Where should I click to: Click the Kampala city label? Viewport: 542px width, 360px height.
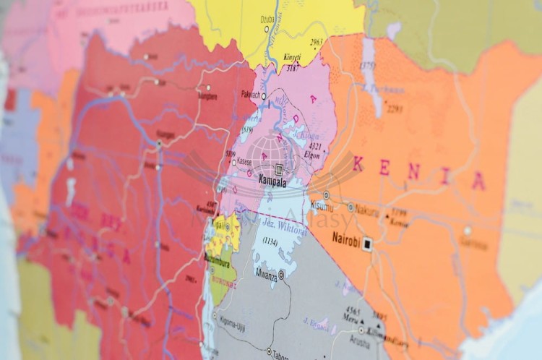tap(272, 184)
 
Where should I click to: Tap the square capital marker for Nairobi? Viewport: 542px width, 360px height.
tap(368, 244)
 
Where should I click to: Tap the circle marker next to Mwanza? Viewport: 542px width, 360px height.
tap(282, 275)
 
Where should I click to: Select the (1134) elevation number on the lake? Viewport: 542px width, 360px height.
tap(270, 241)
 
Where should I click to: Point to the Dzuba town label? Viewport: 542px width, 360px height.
tap(267, 20)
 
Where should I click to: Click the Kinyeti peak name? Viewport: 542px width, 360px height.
tap(292, 57)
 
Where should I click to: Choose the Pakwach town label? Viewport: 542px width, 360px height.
tap(250, 95)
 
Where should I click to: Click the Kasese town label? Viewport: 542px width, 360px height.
tap(244, 163)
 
